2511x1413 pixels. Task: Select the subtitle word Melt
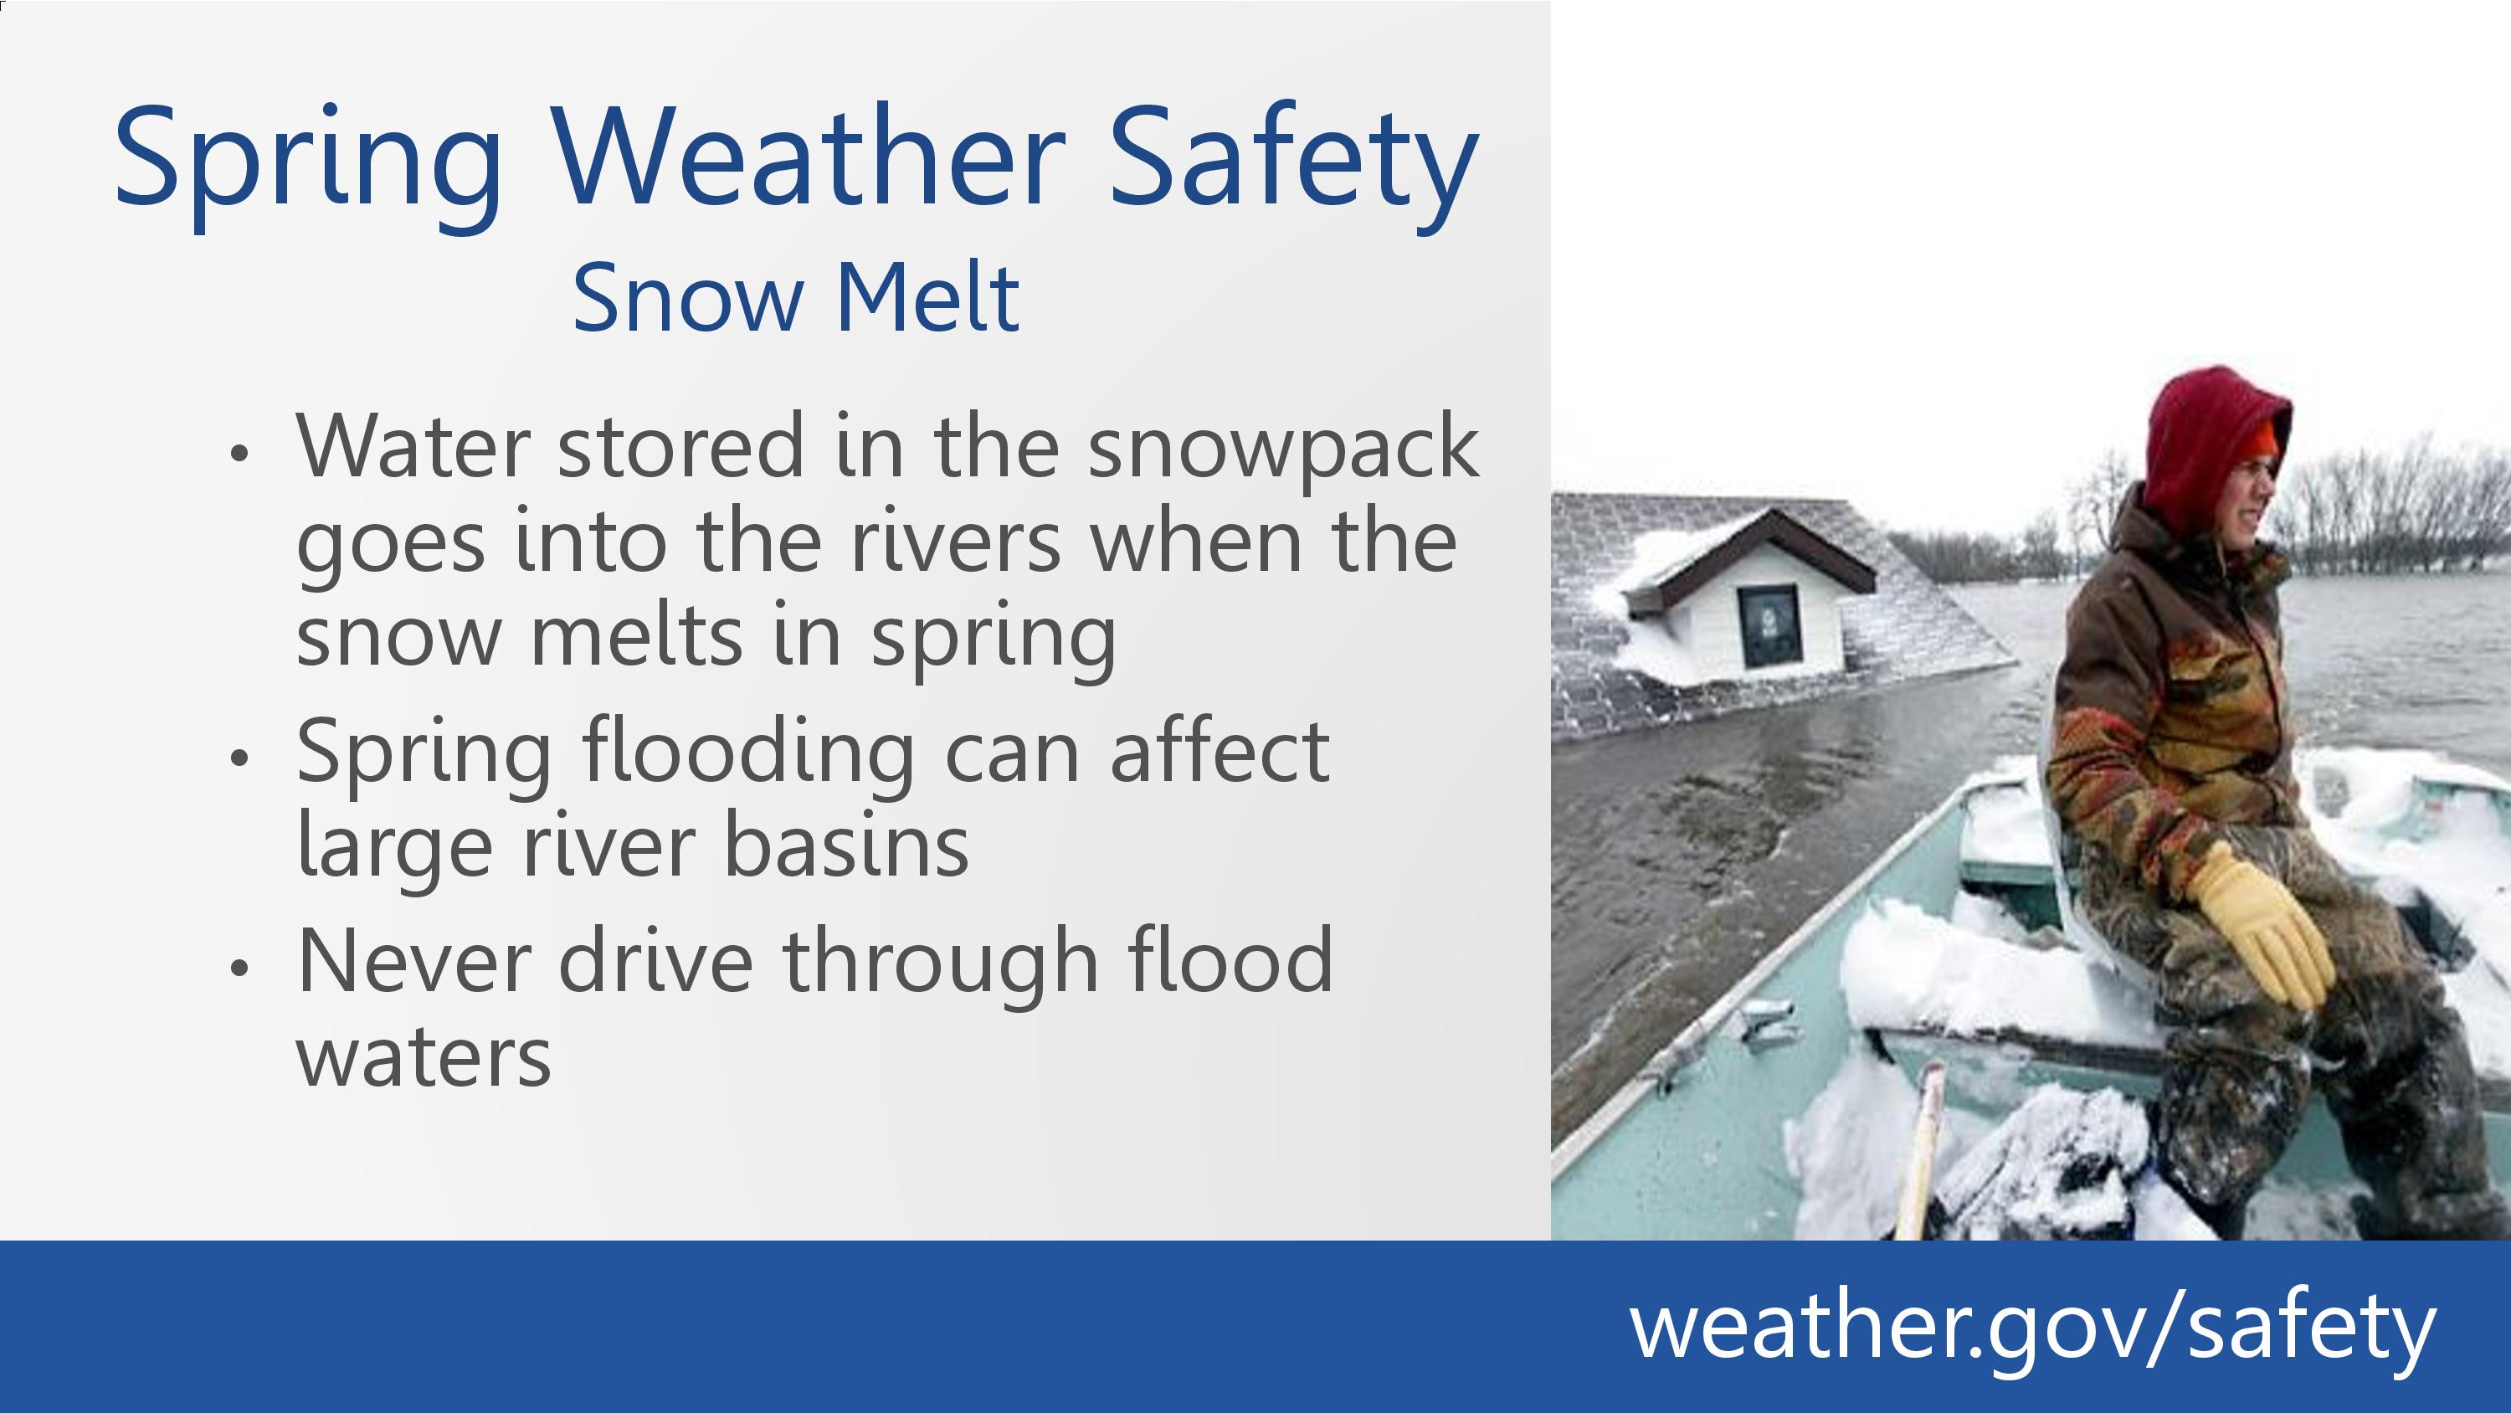click(928, 296)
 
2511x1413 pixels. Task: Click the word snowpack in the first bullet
click(1283, 448)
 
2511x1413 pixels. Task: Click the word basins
click(846, 845)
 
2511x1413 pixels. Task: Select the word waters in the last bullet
click(424, 1057)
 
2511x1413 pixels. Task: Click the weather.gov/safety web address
click(2032, 1327)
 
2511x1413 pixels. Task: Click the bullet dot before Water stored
click(239, 453)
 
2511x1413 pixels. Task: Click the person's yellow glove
click(2267, 922)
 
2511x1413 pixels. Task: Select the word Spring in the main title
click(308, 166)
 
